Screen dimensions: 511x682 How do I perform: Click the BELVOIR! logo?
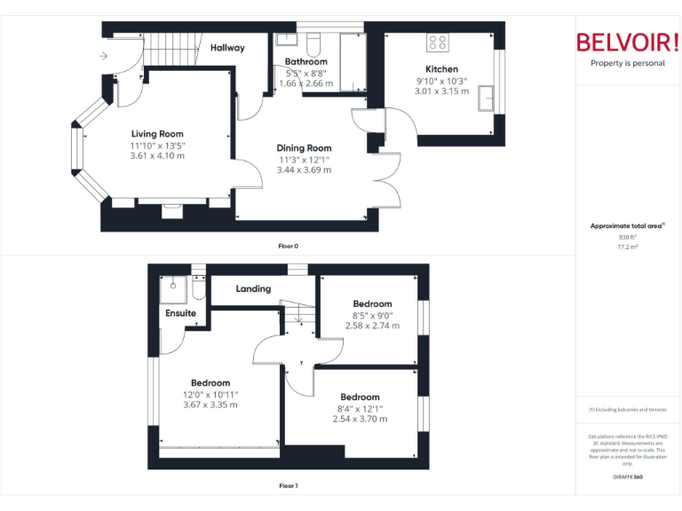pyautogui.click(x=627, y=42)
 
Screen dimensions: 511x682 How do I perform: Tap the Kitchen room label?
pyautogui.click(x=441, y=69)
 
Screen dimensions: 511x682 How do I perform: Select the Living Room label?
pyautogui.click(x=157, y=134)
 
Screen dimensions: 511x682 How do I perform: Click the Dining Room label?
pyautogui.click(x=304, y=148)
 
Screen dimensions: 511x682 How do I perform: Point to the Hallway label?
pyautogui.click(x=227, y=48)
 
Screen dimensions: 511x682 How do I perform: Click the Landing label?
pyautogui.click(x=253, y=289)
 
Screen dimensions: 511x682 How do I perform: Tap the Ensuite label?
pyautogui.click(x=180, y=313)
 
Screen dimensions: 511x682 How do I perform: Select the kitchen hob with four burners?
pyautogui.click(x=438, y=42)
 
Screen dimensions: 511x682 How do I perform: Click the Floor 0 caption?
pyautogui.click(x=289, y=245)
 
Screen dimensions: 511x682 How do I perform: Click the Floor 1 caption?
pyautogui.click(x=289, y=485)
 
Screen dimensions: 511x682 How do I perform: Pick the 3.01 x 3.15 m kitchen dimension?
pyautogui.click(x=441, y=90)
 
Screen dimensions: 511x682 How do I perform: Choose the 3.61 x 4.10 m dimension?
pyautogui.click(x=157, y=155)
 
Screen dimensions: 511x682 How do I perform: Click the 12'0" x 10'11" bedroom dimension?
pyautogui.click(x=210, y=394)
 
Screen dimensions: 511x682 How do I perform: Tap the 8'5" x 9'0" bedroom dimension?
pyautogui.click(x=372, y=315)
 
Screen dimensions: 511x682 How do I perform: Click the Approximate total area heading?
pyautogui.click(x=627, y=226)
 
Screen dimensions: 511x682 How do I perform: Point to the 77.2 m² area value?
pyautogui.click(x=627, y=247)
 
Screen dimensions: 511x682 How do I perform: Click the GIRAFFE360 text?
pyautogui.click(x=627, y=477)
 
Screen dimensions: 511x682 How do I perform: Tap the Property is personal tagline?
pyautogui.click(x=627, y=63)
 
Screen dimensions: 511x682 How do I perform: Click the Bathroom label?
pyautogui.click(x=305, y=62)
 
